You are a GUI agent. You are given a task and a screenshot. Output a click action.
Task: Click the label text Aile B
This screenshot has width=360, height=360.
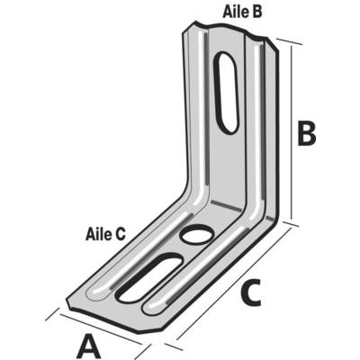242,12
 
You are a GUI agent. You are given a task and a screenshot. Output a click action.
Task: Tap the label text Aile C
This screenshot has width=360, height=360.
105,234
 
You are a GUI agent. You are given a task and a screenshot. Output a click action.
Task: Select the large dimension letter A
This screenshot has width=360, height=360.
89,347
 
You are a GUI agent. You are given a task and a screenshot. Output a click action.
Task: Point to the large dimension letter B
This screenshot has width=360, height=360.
306,134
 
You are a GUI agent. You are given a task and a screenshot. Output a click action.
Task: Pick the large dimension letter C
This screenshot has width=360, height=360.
250,293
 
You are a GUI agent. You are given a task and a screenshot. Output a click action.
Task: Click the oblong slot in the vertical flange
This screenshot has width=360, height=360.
228,93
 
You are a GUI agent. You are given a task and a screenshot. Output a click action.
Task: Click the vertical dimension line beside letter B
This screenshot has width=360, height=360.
291,133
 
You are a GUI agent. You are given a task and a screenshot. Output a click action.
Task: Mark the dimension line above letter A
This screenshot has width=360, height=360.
101,329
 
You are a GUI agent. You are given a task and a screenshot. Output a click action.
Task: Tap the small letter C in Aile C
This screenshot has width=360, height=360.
120,234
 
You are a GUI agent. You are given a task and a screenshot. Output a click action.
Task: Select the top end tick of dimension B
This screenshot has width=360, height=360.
289,41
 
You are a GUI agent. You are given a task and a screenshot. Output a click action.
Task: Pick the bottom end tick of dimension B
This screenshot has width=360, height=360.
291,224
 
